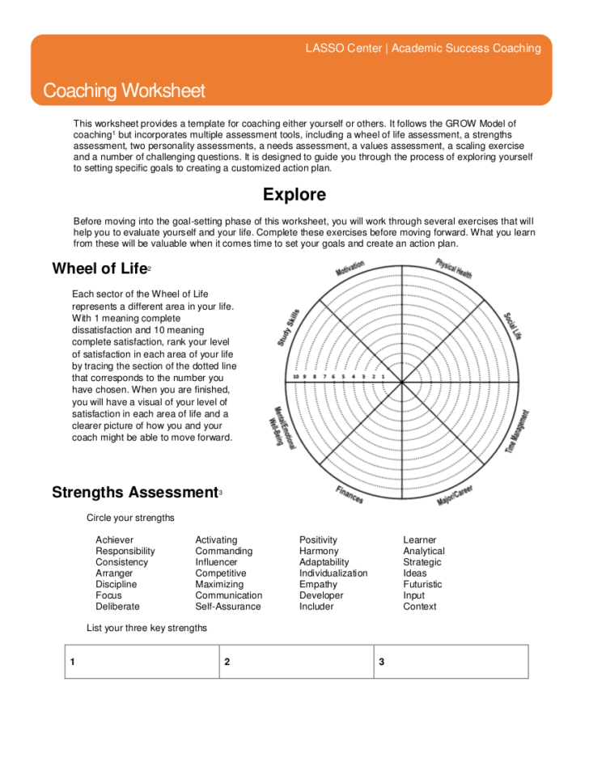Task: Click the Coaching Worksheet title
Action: pos(124,91)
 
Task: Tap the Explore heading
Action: pos(294,194)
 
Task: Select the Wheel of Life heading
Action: pos(100,269)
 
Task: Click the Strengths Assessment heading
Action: pos(135,492)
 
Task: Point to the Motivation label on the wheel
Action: pos(350,269)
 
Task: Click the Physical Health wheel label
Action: pos(453,269)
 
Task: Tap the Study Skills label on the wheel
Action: pos(289,328)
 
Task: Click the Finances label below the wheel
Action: pos(350,494)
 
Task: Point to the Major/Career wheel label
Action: pos(455,496)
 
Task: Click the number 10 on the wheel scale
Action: pos(296,377)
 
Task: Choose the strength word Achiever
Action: pos(114,540)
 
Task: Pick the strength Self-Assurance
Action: pos(228,606)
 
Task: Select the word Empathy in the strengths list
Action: pos(318,584)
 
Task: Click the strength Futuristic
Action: pos(422,584)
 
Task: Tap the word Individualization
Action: pos(333,573)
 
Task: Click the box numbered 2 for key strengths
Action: pos(297,662)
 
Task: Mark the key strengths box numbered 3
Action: pos(451,662)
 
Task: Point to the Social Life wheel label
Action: pos(512,326)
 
